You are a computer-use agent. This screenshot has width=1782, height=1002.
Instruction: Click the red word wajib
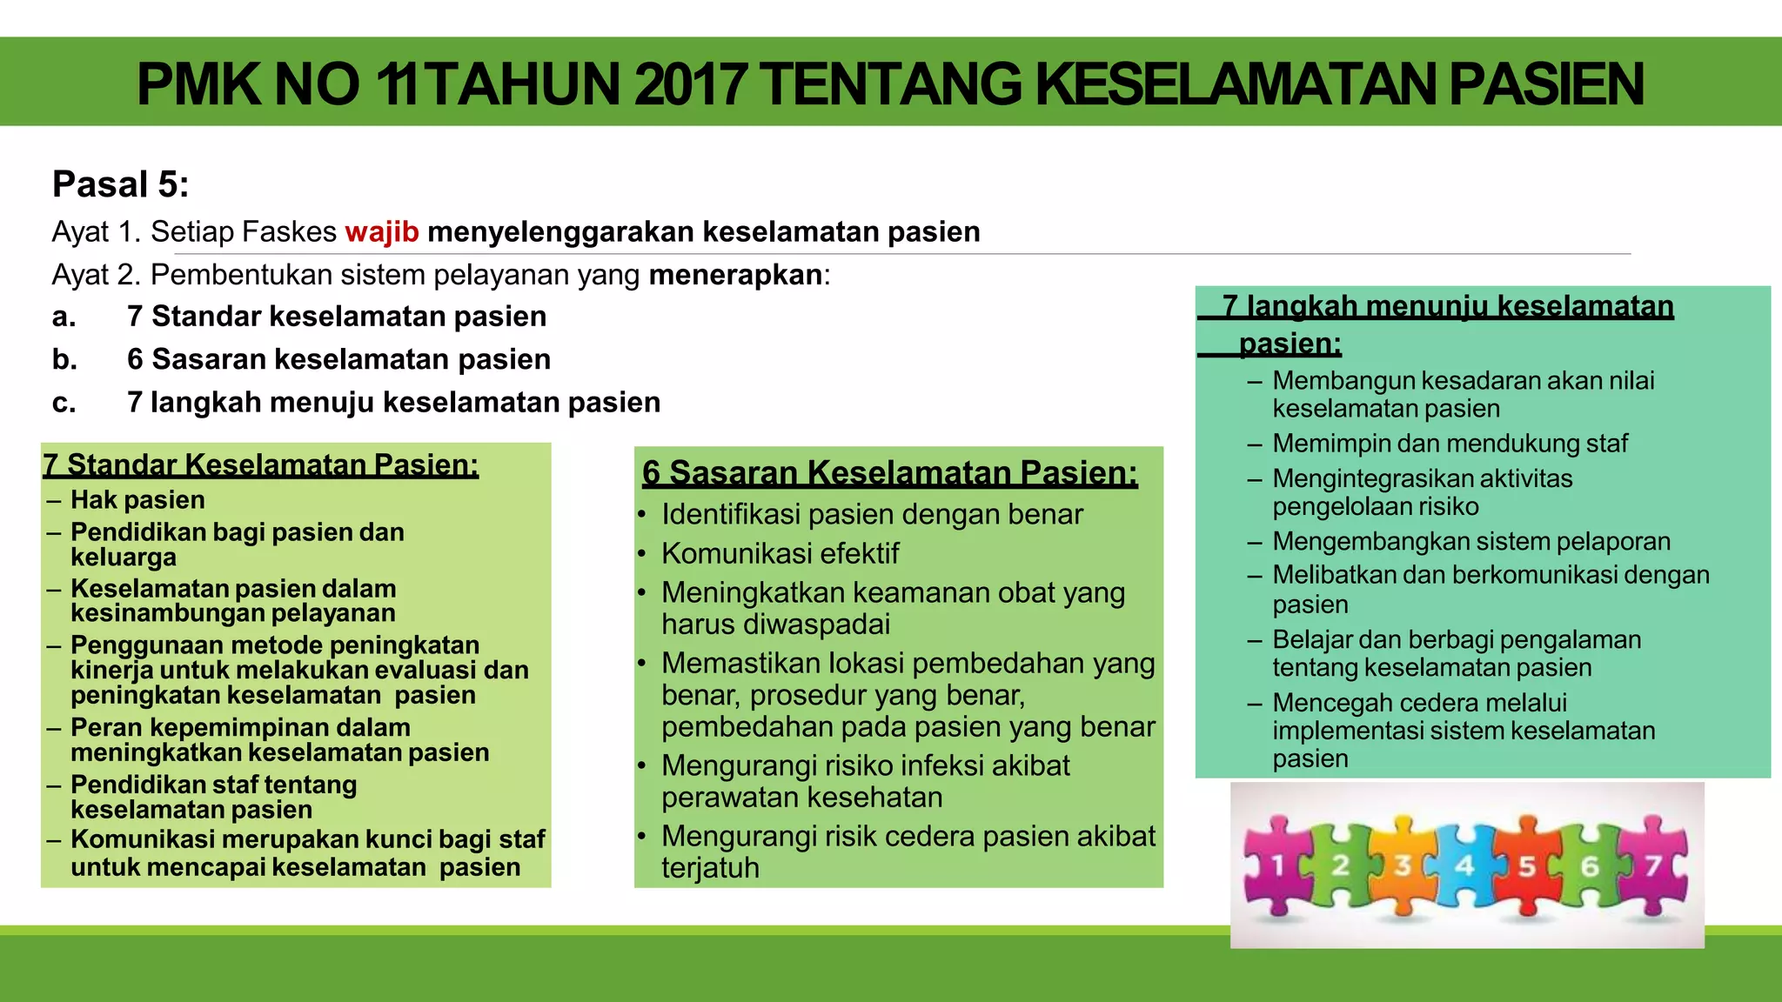[382, 232]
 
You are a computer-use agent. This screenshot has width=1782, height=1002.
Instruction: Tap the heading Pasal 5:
[121, 184]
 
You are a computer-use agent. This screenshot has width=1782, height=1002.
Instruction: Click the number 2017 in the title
[690, 84]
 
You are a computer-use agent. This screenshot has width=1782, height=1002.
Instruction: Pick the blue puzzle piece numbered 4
[1464, 865]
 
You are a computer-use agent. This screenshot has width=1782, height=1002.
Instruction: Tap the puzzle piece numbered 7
[1652, 865]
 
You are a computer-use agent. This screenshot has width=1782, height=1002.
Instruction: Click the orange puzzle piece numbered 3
[1403, 865]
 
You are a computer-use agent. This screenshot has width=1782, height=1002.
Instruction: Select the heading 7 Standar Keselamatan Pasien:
[261, 465]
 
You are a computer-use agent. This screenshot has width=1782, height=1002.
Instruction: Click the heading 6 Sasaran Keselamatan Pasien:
[889, 473]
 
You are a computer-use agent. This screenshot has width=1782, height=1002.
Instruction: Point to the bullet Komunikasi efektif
[780, 553]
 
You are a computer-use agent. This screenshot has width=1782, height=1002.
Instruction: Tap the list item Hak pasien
[137, 500]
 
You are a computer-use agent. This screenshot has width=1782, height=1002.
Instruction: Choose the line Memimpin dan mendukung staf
[1450, 444]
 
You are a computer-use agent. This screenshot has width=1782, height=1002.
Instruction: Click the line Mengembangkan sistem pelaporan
[1471, 541]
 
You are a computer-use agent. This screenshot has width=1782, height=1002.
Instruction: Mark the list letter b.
[64, 359]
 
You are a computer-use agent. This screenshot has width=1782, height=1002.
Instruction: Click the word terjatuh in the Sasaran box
[710, 868]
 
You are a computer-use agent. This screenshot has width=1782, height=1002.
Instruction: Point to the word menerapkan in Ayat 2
[735, 275]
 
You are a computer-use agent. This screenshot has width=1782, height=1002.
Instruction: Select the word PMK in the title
[198, 84]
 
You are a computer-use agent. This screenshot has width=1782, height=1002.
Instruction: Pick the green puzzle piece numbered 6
[1590, 865]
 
